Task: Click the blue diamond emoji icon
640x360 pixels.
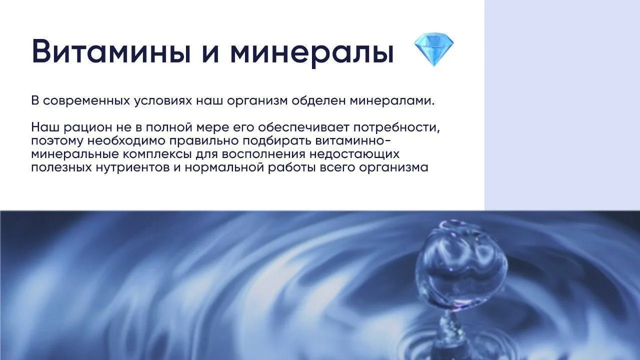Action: (433, 49)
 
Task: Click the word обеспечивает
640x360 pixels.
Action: (303, 127)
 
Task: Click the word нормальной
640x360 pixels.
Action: (224, 167)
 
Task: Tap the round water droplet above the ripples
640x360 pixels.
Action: (460, 263)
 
